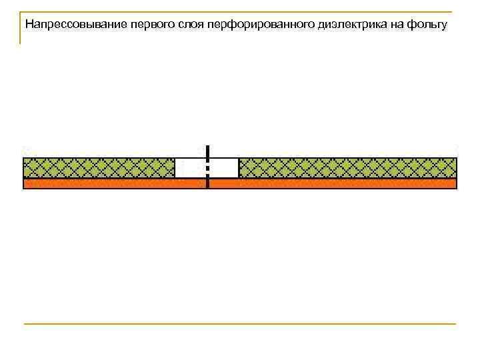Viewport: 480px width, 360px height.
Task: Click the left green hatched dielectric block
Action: coord(99,167)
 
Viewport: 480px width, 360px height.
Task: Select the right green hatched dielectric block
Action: coord(347,167)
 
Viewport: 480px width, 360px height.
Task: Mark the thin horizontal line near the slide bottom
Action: coord(240,324)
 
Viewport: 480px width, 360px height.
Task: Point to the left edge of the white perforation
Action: coord(175,167)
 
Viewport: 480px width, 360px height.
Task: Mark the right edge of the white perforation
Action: coord(239,167)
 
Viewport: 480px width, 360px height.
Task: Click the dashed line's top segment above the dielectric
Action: coord(208,152)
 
